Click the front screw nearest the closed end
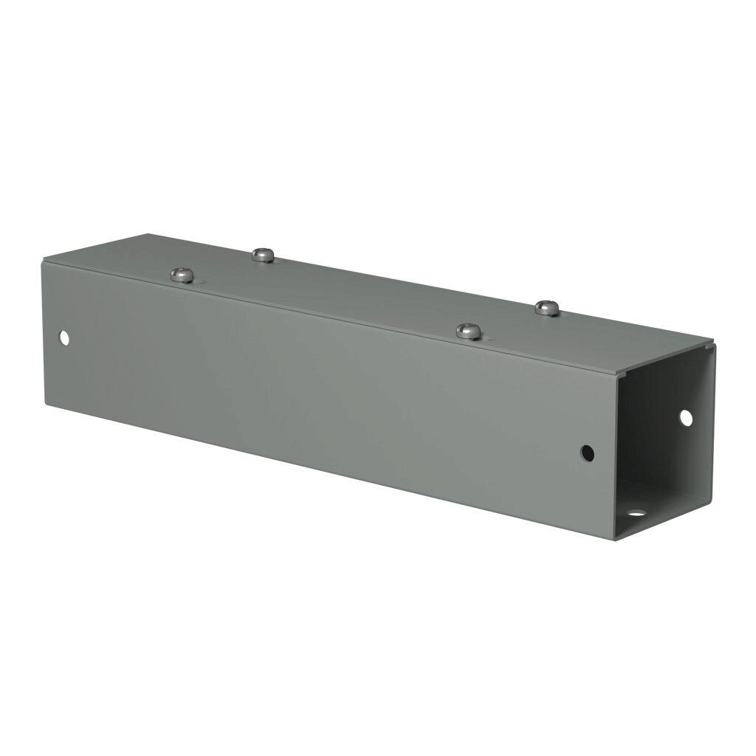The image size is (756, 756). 182,275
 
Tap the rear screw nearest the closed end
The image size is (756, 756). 263,255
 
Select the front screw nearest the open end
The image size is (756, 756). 469,331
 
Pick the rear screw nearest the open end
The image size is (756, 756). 547,308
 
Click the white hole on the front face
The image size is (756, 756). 64,338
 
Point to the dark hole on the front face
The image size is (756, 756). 588,453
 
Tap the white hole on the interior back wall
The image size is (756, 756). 685,417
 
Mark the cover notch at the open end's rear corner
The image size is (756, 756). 711,343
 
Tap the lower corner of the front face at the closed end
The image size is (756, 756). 46,404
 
